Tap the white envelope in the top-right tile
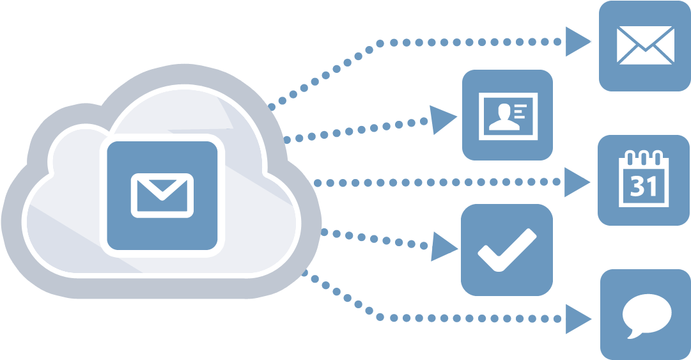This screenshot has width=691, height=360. [645, 45]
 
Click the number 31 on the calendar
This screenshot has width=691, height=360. [644, 187]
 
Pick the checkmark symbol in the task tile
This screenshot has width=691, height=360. [506, 248]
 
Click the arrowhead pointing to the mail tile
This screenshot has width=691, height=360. [578, 43]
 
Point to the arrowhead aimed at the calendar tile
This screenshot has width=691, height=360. [577, 183]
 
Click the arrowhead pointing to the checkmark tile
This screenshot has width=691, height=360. [443, 246]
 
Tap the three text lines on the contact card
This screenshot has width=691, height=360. [522, 110]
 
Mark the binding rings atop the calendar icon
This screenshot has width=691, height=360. [643, 157]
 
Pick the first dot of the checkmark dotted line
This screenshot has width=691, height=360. [325, 232]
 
